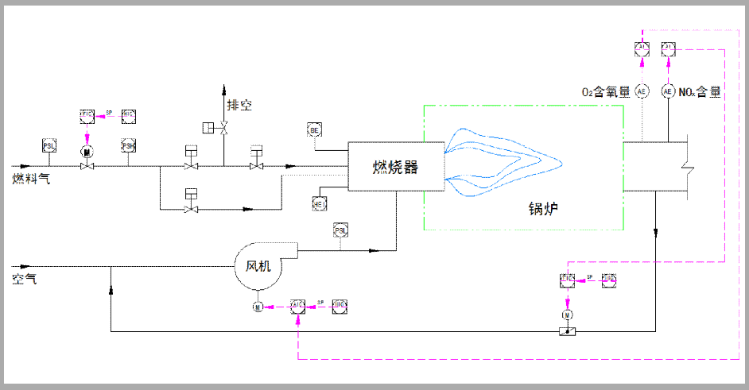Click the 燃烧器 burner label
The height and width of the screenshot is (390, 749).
pos(395,168)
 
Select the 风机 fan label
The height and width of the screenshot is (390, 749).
pos(258,266)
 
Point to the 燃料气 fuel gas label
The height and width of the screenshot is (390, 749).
pos(31,179)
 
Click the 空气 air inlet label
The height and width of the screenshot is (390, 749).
pos(24,279)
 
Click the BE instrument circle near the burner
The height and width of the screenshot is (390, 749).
pos(315,129)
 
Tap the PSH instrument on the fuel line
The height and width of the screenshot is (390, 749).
pos(128,145)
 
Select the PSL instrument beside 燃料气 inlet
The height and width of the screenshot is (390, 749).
pos(49,145)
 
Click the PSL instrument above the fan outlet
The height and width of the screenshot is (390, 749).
pos(340,230)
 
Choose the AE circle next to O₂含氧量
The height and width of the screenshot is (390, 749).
pos(642,91)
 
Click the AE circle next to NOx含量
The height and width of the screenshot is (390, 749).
pos(668,91)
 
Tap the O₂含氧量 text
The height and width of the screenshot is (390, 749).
pos(608,92)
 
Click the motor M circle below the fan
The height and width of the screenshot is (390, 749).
pos(258,307)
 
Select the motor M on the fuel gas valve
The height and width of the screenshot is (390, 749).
pos(87,151)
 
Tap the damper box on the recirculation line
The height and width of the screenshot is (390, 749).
pos(567,331)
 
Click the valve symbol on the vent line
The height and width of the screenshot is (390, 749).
pos(223,128)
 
